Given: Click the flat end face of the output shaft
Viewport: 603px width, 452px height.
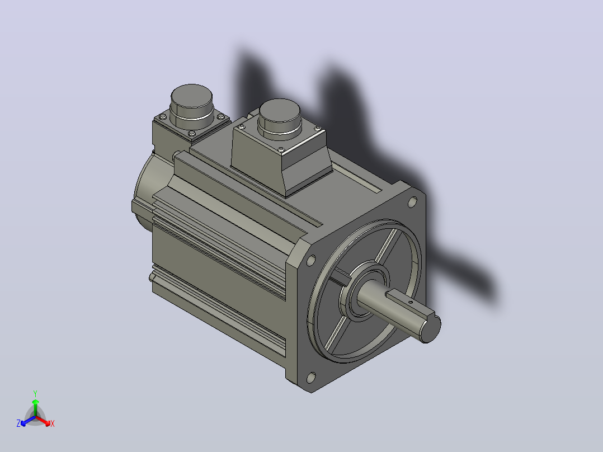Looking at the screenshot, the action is point(431,328).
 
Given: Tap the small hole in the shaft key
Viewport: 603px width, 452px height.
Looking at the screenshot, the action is point(411,303).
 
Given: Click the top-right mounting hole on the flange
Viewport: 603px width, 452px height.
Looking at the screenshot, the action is point(412,201).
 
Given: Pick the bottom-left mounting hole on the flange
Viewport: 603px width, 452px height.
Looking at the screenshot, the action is point(311,378).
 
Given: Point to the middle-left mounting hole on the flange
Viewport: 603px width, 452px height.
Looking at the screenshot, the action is point(311,261).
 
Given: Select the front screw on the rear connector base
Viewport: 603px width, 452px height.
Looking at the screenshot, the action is point(192,134).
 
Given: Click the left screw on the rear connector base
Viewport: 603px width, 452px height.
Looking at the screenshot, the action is point(162,116).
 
